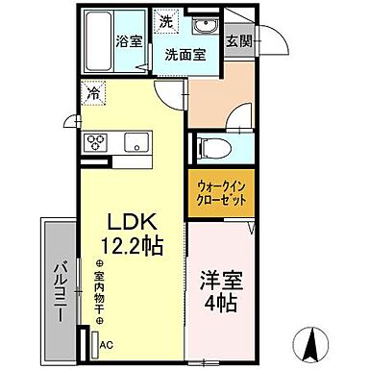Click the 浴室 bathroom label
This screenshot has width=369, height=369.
pos(129,42)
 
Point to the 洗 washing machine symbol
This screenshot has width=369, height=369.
pos(165,22)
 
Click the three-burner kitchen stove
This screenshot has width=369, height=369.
pos(98,143)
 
